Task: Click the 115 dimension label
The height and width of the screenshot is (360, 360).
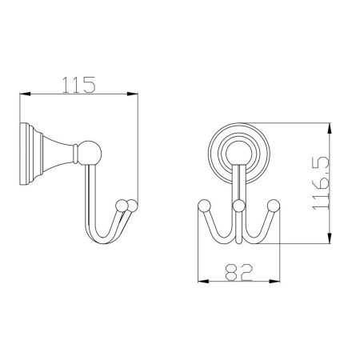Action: (78, 85)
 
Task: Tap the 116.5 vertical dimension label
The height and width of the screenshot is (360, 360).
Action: (322, 183)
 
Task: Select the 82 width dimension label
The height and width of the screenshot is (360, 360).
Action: (238, 272)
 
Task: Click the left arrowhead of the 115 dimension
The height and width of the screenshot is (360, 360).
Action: (26, 94)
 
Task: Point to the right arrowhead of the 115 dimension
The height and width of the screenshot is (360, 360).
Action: (132, 94)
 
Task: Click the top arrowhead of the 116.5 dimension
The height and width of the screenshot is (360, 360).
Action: (330, 129)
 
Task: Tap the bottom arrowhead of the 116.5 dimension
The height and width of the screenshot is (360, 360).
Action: (330, 238)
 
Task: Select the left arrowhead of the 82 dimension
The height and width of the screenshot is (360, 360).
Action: (203, 281)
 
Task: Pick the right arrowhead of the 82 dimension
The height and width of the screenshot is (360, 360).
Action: (274, 281)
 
